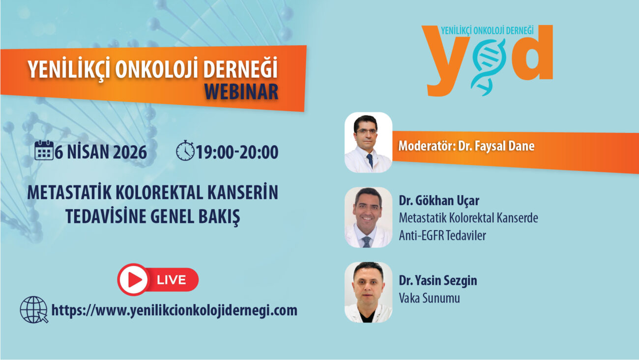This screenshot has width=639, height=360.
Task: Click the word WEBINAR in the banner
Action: (x=241, y=92)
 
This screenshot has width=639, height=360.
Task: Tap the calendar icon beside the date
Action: (x=44, y=150)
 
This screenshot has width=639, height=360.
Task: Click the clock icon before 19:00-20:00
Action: (x=185, y=150)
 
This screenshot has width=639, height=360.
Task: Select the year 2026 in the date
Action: (x=130, y=152)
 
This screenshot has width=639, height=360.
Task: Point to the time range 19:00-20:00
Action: (x=237, y=152)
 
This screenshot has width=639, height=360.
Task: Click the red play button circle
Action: (x=133, y=279)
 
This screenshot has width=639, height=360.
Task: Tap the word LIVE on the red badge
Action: (x=171, y=280)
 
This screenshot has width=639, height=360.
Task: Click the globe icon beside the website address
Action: (x=34, y=310)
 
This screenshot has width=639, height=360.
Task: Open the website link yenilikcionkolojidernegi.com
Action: (x=174, y=310)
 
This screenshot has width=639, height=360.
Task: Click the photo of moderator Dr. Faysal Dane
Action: (x=368, y=143)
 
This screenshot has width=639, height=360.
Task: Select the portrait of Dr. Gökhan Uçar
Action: (x=368, y=217)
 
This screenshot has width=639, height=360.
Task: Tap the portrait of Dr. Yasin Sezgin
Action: (x=368, y=292)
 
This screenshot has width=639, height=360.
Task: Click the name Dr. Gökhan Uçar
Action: (x=439, y=201)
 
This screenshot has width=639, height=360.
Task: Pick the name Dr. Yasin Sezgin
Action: (x=438, y=281)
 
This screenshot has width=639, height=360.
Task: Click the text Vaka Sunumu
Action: (x=429, y=298)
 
